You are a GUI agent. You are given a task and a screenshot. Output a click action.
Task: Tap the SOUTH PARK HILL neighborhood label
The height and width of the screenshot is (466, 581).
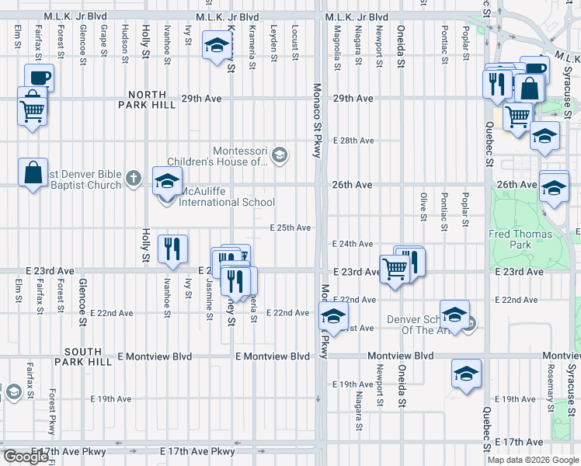(94, 356)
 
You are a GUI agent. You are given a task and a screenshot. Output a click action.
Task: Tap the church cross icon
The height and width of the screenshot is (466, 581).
(133, 179)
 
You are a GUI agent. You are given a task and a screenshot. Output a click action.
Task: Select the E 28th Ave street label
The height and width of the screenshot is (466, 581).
(353, 141)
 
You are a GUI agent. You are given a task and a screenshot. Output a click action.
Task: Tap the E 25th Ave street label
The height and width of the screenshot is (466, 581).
(290, 228)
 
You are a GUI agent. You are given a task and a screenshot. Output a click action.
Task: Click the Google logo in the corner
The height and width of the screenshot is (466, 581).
(26, 457)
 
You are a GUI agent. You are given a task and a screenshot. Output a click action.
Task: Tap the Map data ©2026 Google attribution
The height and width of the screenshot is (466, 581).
(532, 460)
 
